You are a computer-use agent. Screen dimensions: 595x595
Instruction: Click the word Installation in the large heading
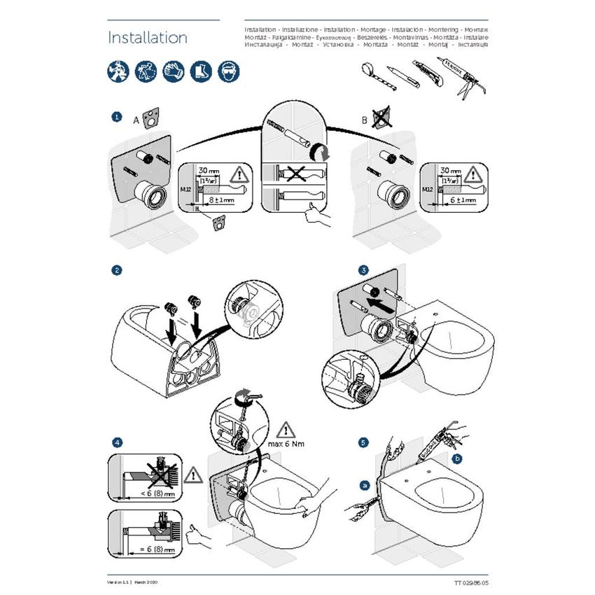point(147,38)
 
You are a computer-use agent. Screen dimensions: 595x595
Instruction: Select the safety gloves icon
point(173,69)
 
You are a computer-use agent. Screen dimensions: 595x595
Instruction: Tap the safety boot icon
point(201,69)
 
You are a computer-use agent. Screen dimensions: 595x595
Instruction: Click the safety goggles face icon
point(227,69)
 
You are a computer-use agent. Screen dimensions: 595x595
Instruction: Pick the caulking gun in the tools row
point(461,75)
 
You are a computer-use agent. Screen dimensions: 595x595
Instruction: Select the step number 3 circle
point(363,270)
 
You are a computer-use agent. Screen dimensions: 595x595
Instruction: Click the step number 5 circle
point(363,442)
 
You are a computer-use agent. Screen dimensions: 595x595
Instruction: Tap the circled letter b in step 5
point(458,459)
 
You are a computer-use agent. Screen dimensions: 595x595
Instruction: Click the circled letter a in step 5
point(365,484)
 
